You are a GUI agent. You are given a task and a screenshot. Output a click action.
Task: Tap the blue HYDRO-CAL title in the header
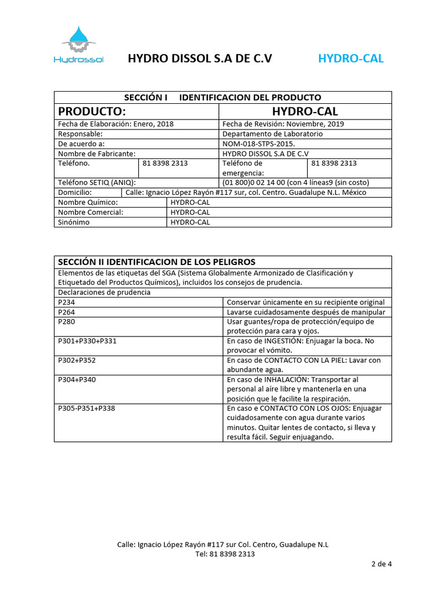click(351, 59)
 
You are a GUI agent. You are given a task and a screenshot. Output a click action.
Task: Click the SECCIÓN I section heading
click(222, 97)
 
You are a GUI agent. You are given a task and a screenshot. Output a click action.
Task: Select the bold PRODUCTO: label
click(92, 111)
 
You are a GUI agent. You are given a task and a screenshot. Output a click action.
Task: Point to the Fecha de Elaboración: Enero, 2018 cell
click(116, 124)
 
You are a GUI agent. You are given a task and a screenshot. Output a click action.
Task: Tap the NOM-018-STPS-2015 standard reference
click(259, 143)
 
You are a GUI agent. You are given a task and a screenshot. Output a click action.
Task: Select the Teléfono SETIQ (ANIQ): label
click(97, 182)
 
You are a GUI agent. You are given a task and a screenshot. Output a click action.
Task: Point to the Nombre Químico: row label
click(88, 202)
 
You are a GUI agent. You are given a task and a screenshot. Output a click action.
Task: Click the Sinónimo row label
click(74, 222)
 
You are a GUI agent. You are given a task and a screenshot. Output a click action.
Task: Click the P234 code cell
click(67, 302)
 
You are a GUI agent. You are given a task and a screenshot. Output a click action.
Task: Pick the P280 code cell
click(67, 321)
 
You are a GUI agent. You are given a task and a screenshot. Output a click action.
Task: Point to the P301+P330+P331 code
click(88, 341)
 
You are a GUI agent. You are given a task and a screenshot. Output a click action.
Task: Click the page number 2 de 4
click(382, 564)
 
